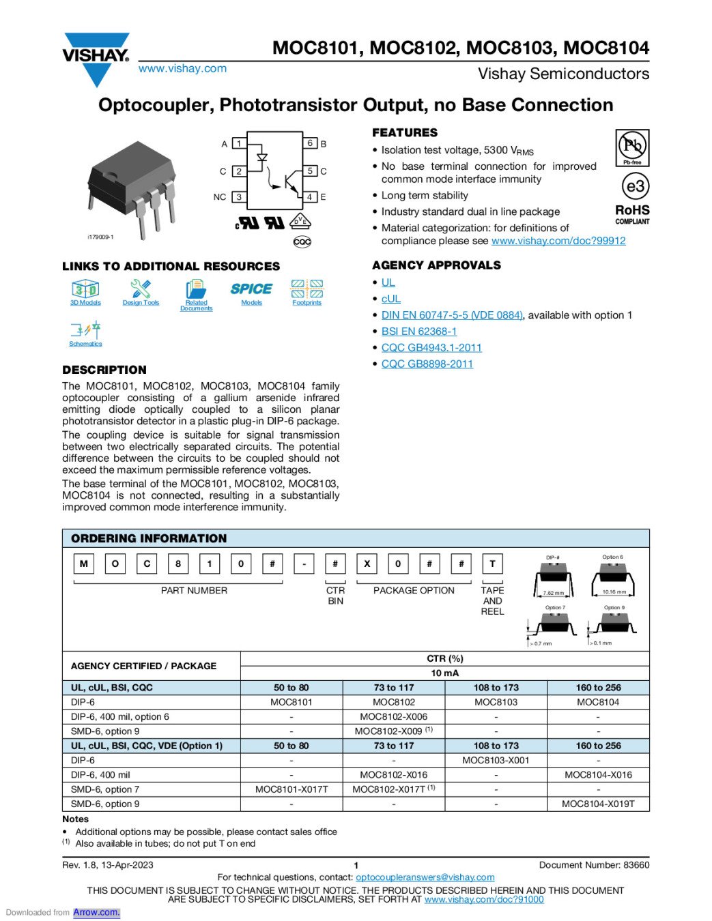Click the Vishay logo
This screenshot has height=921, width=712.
(96, 59)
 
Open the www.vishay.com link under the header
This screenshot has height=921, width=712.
(182, 68)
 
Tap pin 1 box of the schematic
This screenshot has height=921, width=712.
(239, 143)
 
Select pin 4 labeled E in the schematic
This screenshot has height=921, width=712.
(310, 197)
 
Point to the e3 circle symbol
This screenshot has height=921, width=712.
(635, 186)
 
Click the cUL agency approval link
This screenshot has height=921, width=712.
(390, 299)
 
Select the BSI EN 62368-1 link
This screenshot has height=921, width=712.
(418, 332)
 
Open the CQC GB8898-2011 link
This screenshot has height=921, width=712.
(427, 364)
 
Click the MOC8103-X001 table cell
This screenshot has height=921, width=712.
(496, 761)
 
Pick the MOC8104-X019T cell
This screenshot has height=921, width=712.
(598, 804)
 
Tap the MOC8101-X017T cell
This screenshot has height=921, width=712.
(291, 789)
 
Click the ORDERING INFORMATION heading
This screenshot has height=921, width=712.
(149, 538)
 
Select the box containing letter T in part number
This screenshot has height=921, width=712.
(492, 564)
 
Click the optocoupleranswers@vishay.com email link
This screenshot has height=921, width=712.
(425, 877)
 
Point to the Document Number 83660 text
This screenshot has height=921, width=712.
(594, 865)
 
